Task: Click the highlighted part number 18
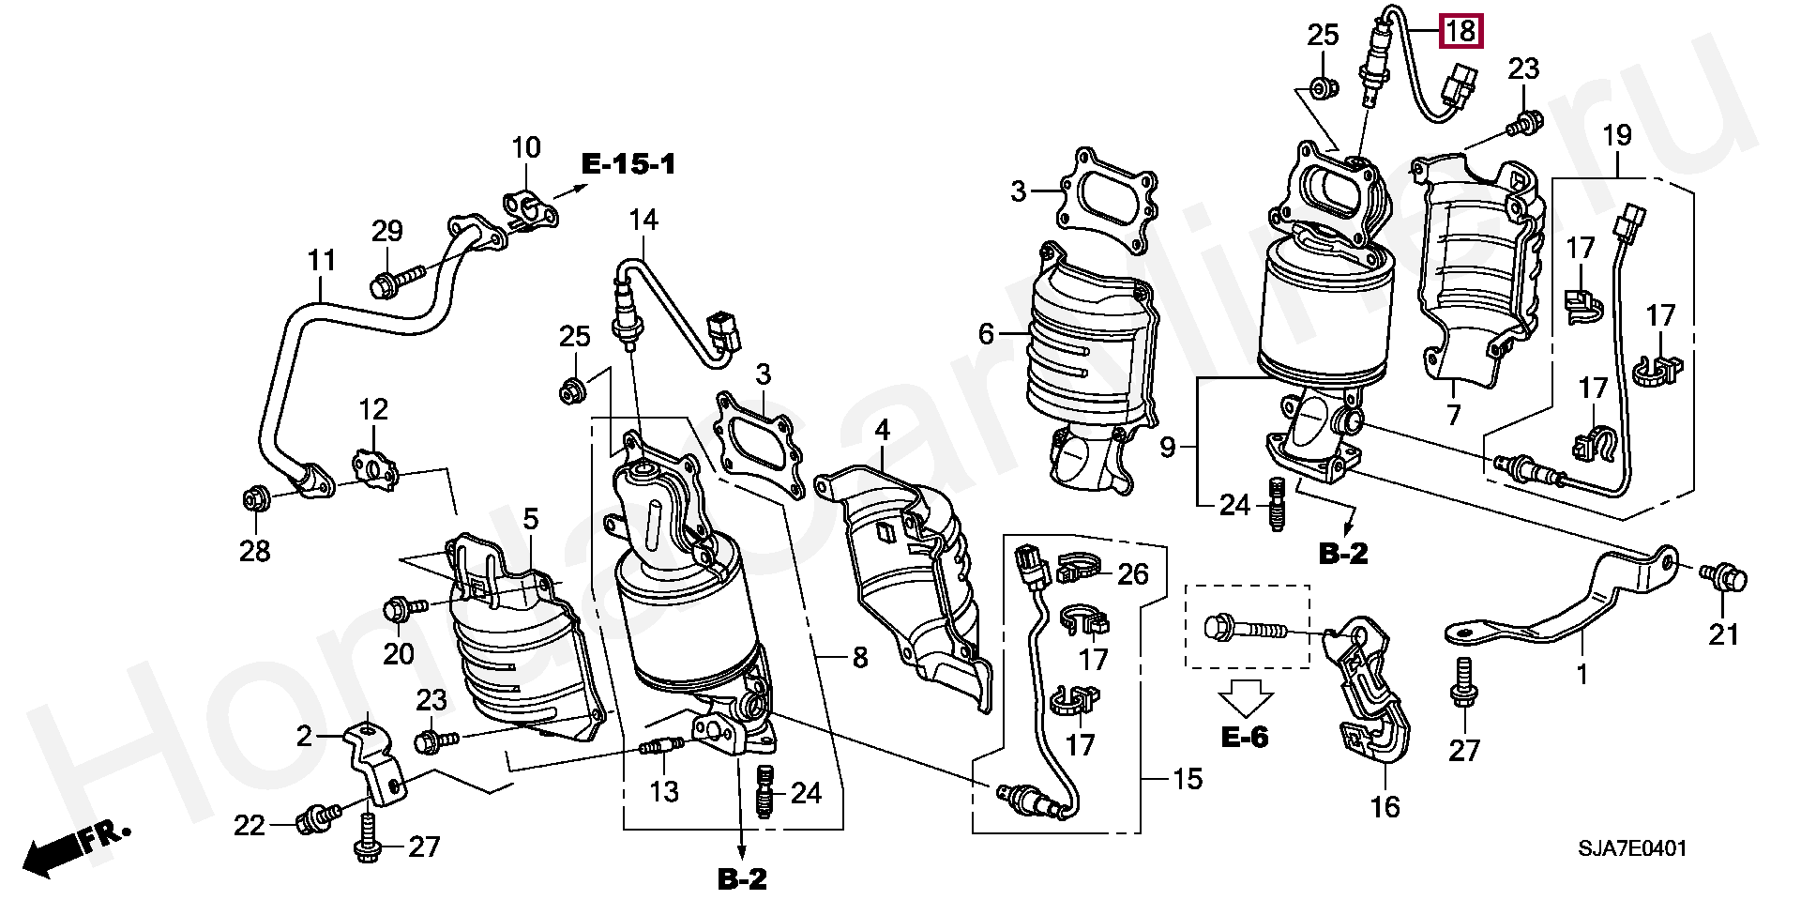(x=1461, y=32)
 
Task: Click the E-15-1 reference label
(x=628, y=165)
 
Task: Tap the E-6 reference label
(x=1245, y=737)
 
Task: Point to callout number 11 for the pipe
(x=322, y=260)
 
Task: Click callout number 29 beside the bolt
(x=386, y=231)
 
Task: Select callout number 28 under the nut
(x=254, y=550)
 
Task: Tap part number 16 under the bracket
(x=1385, y=805)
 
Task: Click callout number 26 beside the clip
(x=1133, y=572)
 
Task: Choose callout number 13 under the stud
(x=664, y=791)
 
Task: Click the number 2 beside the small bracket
(x=304, y=737)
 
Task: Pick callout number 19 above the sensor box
(x=1617, y=135)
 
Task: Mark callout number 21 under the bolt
(x=1723, y=634)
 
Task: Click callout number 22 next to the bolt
(x=250, y=826)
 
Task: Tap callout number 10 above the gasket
(x=526, y=147)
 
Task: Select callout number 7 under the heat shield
(x=1453, y=414)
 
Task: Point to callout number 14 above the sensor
(x=643, y=220)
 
